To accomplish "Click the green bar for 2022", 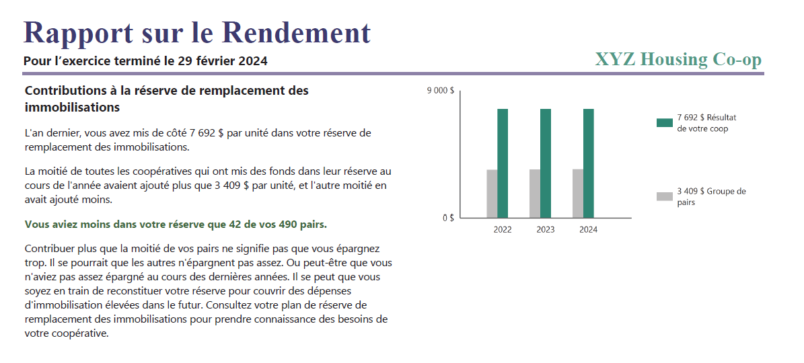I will (x=503, y=163).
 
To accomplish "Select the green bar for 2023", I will (x=546, y=163).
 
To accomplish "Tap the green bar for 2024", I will (x=589, y=163).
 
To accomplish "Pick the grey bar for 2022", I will (x=492, y=194).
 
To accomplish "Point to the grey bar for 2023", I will (x=535, y=194).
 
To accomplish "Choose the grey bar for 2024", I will (x=578, y=194).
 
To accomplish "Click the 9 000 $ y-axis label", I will (x=441, y=91).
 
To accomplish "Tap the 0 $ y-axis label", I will (x=447, y=218).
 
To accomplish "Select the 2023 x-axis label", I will (x=546, y=230).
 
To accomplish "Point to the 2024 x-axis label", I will (x=588, y=230).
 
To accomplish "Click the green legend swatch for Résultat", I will (x=664, y=122).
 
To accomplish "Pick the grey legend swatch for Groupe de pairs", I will (x=664, y=196).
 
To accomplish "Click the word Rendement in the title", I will (x=296, y=32).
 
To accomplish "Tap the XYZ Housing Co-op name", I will (x=678, y=60).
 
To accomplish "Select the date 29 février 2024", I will (x=223, y=61).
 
